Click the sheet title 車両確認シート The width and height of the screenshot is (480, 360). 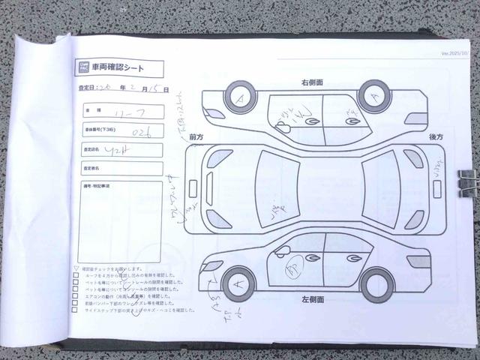[124, 68]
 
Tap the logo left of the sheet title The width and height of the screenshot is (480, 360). [84, 68]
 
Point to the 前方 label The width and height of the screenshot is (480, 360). [197, 136]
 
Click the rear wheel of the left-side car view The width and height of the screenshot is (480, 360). [376, 283]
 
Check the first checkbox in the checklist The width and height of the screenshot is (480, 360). [76, 275]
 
